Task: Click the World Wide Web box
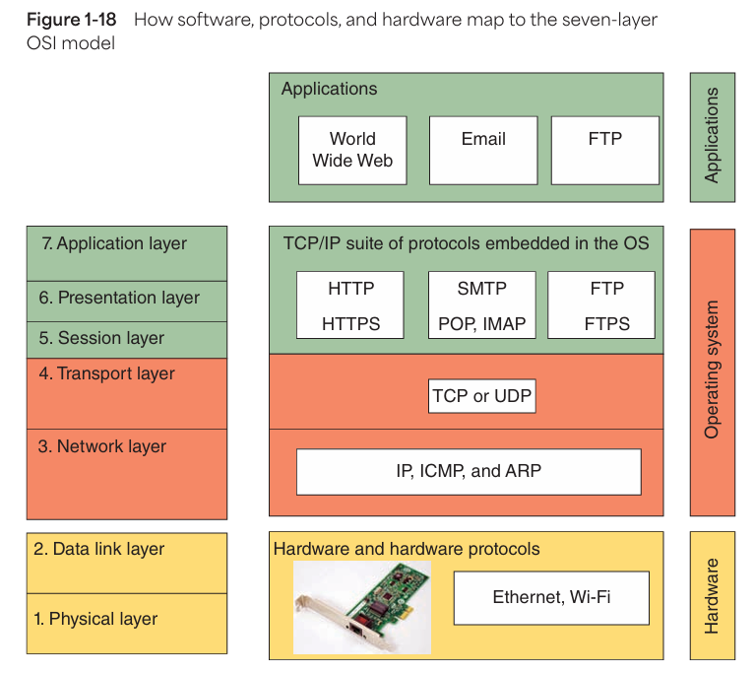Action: [x=352, y=150]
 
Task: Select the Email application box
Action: [x=483, y=150]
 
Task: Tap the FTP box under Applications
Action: [x=604, y=150]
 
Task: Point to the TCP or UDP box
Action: [x=482, y=397]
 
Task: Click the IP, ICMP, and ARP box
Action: [x=469, y=471]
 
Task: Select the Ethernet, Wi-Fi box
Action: [x=551, y=597]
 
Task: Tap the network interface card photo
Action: [x=361, y=608]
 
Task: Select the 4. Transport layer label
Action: [x=106, y=373]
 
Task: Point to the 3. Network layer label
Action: [x=102, y=446]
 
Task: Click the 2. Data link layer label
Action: [x=99, y=549]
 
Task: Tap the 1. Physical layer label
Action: [x=95, y=619]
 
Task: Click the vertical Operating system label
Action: [x=713, y=370]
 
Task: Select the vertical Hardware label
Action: [x=713, y=595]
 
